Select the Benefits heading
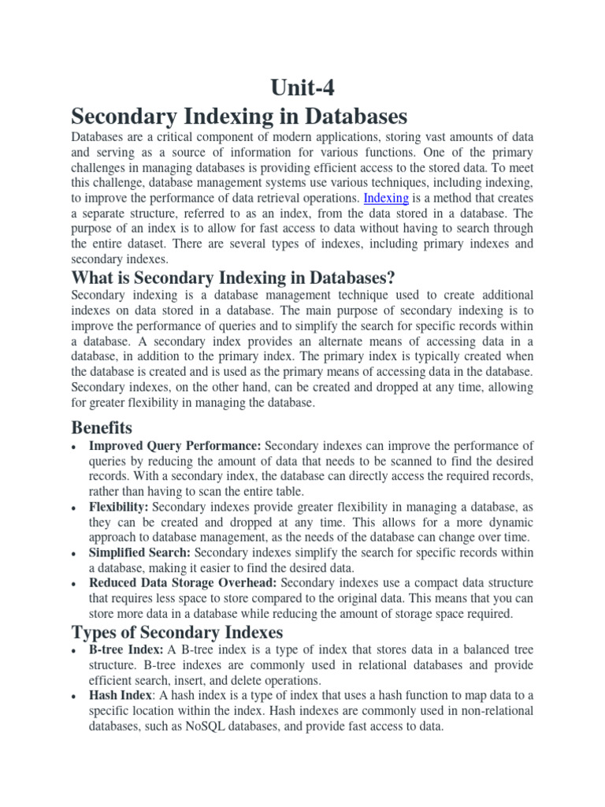pos(102,428)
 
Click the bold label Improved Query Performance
pos(175,446)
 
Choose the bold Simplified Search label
pos(139,552)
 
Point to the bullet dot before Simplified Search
pos(73,553)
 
